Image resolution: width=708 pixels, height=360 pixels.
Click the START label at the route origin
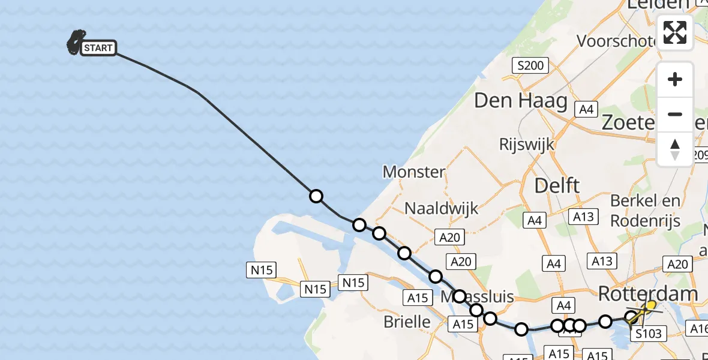98,48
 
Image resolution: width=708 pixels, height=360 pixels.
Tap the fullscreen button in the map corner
675,32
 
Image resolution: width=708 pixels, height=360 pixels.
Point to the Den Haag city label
520,100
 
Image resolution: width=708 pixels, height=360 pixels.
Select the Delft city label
557,185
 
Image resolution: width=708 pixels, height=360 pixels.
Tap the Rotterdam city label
648,293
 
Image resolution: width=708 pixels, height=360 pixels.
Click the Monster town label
414,172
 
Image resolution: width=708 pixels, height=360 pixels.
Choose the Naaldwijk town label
441,208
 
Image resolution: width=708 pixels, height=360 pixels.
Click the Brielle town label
407,322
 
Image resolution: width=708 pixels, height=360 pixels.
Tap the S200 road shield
529,66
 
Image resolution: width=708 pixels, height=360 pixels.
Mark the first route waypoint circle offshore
316,196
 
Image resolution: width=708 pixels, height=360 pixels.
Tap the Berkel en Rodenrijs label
645,211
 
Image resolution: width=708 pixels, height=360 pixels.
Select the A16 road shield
698,328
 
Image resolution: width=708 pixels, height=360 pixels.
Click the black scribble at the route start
76,42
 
